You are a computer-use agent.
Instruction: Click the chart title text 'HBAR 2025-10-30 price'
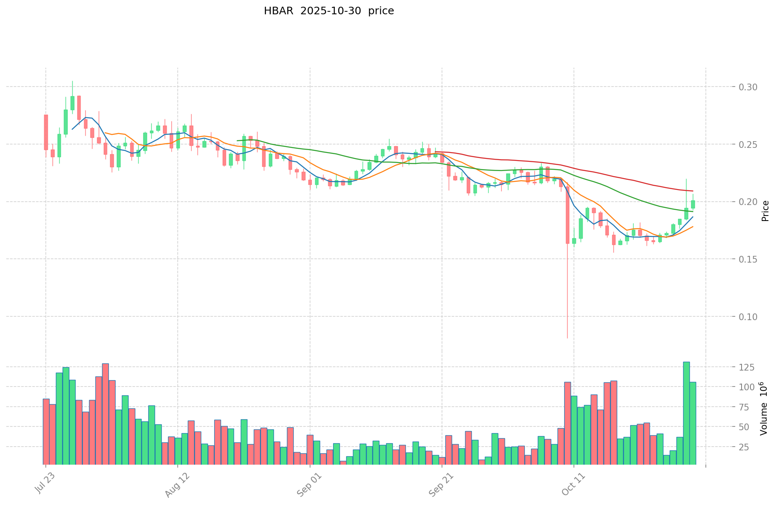click(x=329, y=11)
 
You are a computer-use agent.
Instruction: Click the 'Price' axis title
click(x=765, y=211)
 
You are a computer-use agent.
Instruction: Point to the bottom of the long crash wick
click(x=567, y=337)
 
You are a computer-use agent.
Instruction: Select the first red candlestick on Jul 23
click(x=46, y=132)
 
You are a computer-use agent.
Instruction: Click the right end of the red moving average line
click(x=692, y=191)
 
